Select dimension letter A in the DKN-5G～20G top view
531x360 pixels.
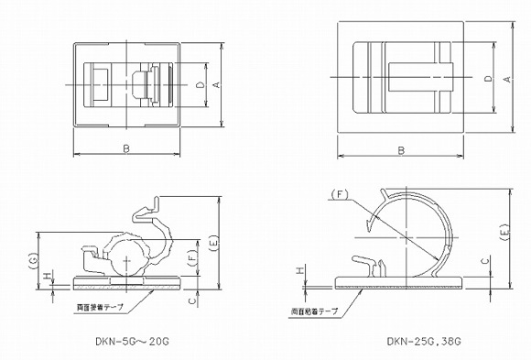point(215,84)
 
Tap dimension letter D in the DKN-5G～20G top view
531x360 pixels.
point(200,84)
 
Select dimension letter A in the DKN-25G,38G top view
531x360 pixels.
point(506,79)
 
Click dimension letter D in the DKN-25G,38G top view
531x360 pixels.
point(487,79)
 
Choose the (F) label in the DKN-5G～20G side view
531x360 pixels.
point(192,260)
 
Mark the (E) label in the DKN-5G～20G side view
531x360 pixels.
point(213,243)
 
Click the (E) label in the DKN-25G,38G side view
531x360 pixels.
point(506,235)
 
